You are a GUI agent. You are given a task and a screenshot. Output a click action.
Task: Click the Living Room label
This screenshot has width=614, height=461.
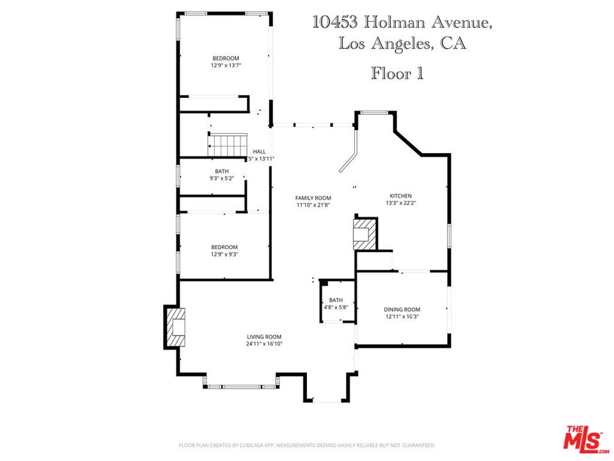[264, 337]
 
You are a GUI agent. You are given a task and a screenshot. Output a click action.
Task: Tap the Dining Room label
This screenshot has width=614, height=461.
[402, 309]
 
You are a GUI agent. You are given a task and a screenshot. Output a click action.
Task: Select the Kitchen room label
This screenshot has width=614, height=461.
[401, 196]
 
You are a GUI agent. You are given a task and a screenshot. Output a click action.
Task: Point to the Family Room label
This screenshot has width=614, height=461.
[313, 198]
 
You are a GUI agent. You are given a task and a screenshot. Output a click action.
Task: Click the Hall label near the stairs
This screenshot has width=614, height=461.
[259, 151]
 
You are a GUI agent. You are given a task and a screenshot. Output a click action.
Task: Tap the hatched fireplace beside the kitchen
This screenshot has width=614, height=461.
[365, 235]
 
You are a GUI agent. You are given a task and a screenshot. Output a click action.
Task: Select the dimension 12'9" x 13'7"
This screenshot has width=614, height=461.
[225, 65]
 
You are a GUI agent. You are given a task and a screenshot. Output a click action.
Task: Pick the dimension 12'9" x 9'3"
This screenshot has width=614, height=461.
[224, 254]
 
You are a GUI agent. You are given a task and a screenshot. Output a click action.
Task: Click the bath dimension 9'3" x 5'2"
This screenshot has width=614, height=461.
[221, 179]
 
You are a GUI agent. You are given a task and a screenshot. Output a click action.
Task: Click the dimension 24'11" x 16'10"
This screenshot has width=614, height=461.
[264, 344]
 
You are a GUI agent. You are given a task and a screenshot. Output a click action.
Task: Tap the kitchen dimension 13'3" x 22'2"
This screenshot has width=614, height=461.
[401, 203]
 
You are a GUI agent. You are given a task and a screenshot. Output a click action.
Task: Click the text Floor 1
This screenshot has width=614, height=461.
[397, 74]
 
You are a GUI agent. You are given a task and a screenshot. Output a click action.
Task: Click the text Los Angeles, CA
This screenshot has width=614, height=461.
[402, 44]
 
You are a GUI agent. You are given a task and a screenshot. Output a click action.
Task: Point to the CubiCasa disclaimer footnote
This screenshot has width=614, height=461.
[307, 444]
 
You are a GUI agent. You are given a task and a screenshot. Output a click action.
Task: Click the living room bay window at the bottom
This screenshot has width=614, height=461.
[241, 386]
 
